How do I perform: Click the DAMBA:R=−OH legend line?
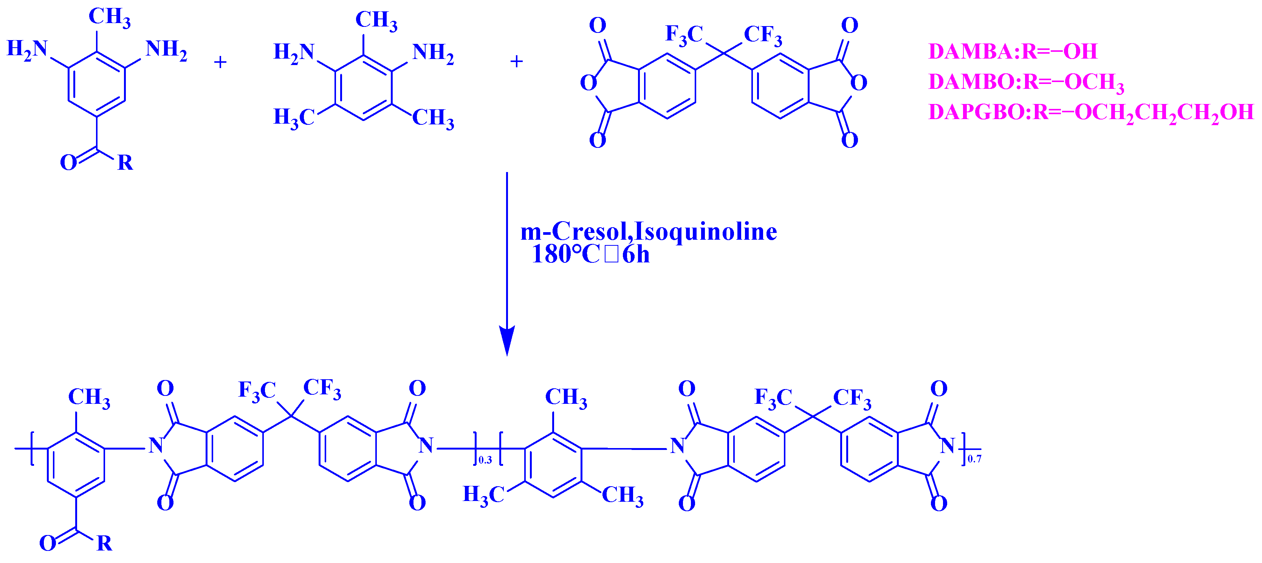1012,51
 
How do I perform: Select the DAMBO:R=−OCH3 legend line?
1026,82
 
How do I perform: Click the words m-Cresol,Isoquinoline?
648,231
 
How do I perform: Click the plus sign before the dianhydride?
516,61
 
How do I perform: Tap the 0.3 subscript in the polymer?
485,460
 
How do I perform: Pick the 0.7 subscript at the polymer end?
974,459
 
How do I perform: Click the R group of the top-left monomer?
125,163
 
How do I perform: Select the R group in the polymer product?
104,543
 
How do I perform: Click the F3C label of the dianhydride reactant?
683,35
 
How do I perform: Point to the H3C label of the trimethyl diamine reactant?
293,118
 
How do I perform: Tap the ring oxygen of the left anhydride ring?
588,82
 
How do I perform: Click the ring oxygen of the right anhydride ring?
858,82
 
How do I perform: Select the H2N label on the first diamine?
27,49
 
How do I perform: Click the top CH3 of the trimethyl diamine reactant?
376,20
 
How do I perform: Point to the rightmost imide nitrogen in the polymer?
947,445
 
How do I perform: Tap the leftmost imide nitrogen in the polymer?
156,445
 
